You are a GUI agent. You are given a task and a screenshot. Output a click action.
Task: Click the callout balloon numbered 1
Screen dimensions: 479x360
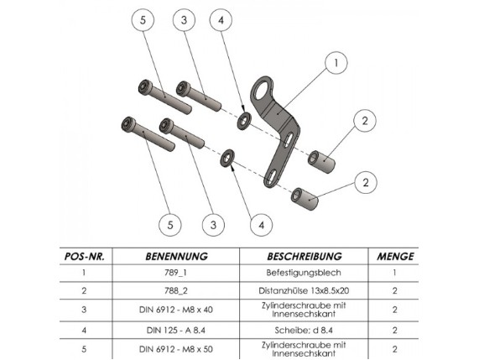tap(336, 63)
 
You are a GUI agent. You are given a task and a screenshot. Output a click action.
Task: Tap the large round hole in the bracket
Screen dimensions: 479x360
tap(263, 90)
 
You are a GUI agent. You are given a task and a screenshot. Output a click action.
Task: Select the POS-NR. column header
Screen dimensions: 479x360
tap(85, 257)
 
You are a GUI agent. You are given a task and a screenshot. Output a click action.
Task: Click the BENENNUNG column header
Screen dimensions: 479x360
tap(176, 257)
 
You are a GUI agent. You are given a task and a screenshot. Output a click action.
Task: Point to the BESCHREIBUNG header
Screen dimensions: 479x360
tap(305, 257)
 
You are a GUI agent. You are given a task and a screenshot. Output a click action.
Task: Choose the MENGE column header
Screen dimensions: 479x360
tap(395, 257)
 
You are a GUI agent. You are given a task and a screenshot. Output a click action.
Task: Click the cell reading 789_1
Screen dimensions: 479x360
tap(175, 272)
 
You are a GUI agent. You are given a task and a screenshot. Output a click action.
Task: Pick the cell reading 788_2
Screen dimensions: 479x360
tap(175, 290)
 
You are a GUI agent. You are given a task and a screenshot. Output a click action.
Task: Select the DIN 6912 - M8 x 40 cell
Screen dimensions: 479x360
tap(176, 310)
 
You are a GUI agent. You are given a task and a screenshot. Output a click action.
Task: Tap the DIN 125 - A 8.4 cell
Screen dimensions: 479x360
tap(176, 330)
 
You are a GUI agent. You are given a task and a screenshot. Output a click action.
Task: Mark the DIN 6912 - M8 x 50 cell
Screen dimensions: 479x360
tap(176, 349)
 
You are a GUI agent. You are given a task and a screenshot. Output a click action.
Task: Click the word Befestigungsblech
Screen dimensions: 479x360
tap(304, 273)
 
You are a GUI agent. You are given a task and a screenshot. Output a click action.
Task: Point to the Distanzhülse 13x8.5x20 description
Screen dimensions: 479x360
tap(304, 290)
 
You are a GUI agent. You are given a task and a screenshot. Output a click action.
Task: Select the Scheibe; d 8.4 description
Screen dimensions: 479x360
tap(304, 330)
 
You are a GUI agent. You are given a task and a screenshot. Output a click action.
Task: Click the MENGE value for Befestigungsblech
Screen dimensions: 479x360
tap(394, 272)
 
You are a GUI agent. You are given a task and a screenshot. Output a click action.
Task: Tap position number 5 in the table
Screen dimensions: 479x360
tap(84, 349)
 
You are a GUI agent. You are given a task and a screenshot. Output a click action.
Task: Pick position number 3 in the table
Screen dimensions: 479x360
tap(84, 310)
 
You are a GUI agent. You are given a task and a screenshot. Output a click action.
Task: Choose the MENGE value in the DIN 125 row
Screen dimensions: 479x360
tap(394, 330)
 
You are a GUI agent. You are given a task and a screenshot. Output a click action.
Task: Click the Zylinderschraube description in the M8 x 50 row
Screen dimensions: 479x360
tap(304, 349)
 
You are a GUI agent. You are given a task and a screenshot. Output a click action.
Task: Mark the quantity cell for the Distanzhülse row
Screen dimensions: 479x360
tap(394, 290)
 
